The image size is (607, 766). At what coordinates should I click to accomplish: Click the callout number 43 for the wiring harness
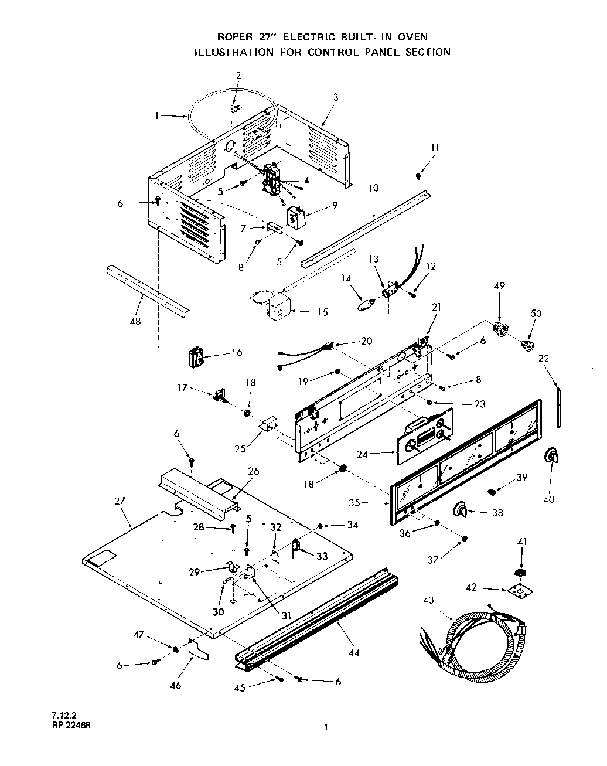click(x=429, y=600)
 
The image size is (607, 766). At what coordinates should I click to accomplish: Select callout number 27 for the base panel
click(x=119, y=501)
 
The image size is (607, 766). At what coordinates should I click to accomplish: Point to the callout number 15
click(x=322, y=312)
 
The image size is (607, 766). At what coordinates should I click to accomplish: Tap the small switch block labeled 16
click(x=196, y=357)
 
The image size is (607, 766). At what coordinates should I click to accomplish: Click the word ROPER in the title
click(x=232, y=37)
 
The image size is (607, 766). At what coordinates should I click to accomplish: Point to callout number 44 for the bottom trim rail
click(x=354, y=652)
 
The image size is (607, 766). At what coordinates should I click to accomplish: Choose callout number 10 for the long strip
click(x=374, y=188)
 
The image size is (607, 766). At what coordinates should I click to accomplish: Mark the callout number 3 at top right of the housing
click(x=336, y=98)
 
